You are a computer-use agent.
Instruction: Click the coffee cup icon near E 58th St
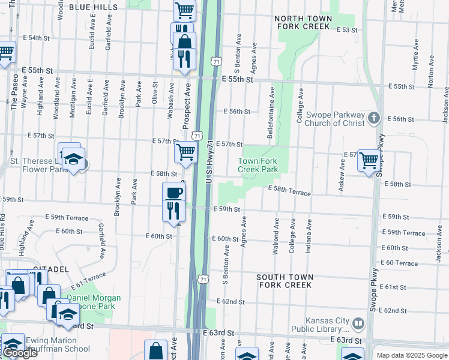(x=174, y=193)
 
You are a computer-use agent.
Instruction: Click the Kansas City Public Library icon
(x=358, y=324)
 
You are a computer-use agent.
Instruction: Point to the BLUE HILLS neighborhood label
(x=93, y=7)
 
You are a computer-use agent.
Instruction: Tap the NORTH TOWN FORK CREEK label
(x=303, y=23)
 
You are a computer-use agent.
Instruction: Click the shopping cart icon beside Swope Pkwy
(x=369, y=160)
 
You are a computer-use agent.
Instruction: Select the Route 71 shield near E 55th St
(x=215, y=61)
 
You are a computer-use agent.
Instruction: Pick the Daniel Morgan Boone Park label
(x=94, y=302)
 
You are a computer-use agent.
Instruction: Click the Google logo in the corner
(x=20, y=353)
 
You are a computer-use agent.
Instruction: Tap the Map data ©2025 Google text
(x=411, y=355)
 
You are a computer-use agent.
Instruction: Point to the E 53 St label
(x=347, y=29)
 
